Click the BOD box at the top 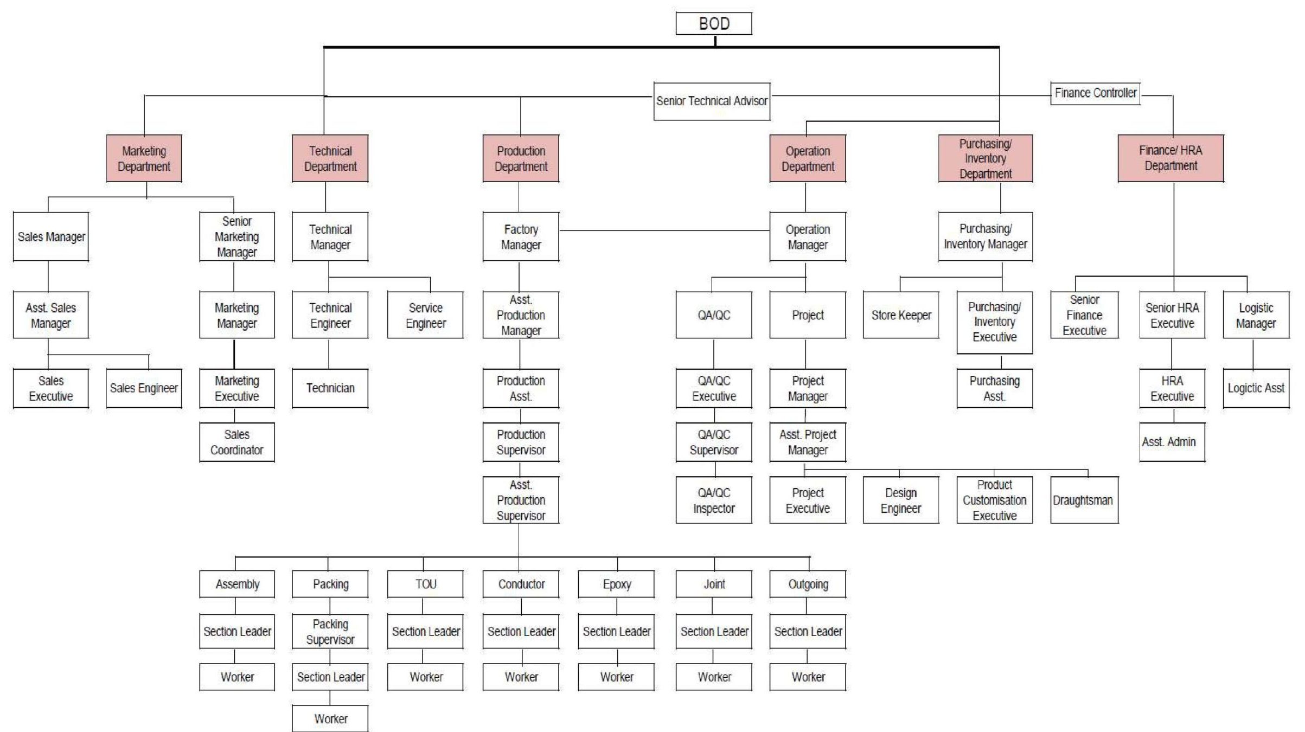coord(714,24)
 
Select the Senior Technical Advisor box coord(712,101)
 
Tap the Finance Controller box coord(1095,93)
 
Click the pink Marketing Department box coord(144,158)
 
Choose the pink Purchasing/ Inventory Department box coord(985,158)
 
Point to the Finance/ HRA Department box coord(1170,158)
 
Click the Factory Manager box coord(521,237)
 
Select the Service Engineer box coord(425,315)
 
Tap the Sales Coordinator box coord(236,442)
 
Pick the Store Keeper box coord(901,315)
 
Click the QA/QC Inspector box coord(714,500)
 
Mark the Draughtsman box coord(1084,500)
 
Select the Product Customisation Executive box coord(994,500)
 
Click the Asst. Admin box coord(1172,442)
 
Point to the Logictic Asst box coord(1256,388)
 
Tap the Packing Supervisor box coord(330,632)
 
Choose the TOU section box coord(425,584)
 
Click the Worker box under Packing coord(330,718)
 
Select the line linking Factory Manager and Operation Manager coord(664,230)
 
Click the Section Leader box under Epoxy coord(616,632)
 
